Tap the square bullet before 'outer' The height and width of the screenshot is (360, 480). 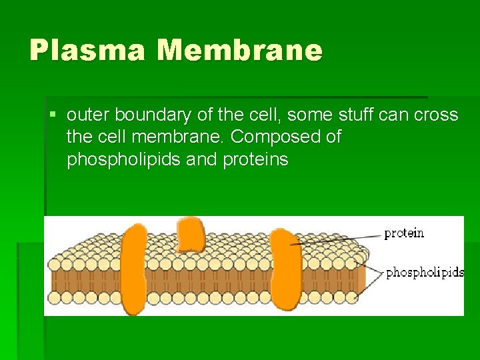(x=53, y=115)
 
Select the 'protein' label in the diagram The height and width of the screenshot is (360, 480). (x=403, y=233)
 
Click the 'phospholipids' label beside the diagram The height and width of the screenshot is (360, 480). (x=425, y=272)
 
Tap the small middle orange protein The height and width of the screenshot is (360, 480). (x=191, y=235)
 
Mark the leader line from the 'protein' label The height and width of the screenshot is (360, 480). (x=340, y=239)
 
